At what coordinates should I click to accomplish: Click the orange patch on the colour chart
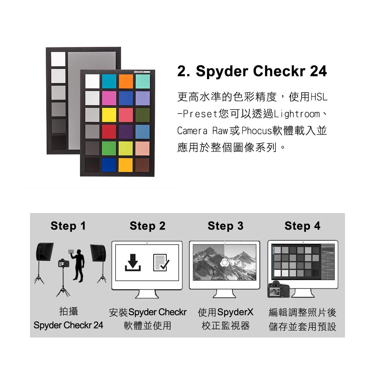coord(126,81)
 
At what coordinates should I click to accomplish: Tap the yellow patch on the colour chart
coord(109,115)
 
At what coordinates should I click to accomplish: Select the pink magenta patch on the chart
coord(109,98)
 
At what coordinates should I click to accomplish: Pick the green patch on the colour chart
coord(109,148)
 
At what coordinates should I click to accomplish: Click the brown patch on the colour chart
coord(142,165)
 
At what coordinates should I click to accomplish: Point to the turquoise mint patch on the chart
coord(143,81)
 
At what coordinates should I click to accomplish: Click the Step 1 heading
coord(68,226)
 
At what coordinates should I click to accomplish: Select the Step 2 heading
coord(147,226)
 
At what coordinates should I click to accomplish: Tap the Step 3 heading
coord(225,226)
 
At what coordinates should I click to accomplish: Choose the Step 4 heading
coord(302,226)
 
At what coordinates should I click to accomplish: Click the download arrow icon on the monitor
coord(133,262)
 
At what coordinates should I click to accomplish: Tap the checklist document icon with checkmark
coord(161,262)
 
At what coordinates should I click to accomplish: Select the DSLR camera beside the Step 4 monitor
coord(279,289)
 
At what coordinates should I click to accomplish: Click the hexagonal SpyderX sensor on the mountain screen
coord(225,262)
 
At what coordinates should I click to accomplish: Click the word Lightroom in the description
coord(297,114)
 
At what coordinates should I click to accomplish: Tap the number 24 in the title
coord(318,71)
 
